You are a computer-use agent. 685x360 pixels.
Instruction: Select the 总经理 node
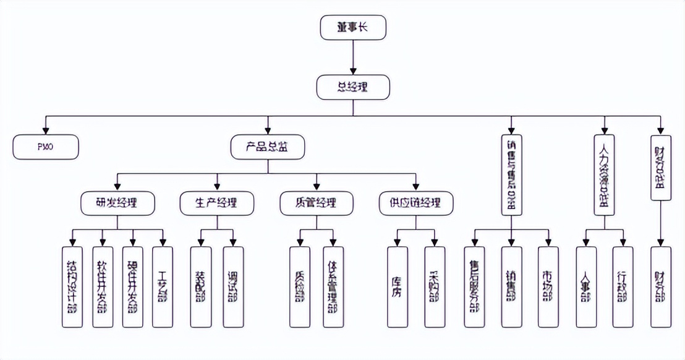353,87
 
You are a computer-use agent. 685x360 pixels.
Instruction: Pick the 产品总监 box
267,147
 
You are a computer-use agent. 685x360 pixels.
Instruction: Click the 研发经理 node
117,203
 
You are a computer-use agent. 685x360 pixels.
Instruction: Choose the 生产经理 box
217,203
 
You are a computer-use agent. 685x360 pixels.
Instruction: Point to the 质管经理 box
317,203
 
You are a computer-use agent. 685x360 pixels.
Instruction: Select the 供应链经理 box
415,203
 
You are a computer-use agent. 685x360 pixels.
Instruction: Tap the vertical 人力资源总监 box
604,174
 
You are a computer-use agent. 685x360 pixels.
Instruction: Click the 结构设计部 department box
72,287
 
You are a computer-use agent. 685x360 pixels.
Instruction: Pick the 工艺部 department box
163,287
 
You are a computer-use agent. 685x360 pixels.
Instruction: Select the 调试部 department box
233,287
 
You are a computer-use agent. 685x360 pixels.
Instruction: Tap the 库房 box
397,287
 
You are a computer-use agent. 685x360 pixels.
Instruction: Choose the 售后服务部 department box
474,287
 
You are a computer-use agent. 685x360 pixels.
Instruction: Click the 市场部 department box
548,287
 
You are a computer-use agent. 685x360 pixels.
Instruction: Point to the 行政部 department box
623,287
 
